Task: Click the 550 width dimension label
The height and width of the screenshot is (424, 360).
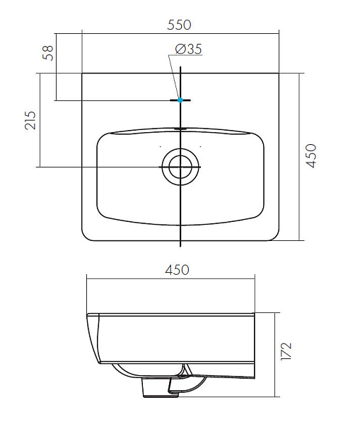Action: [x=179, y=25]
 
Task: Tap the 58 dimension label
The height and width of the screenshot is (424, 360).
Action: [x=48, y=53]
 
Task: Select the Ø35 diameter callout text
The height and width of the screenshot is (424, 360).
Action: [x=189, y=49]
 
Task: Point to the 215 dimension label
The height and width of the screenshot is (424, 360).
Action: [x=30, y=120]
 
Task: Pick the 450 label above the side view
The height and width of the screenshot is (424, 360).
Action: [x=178, y=270]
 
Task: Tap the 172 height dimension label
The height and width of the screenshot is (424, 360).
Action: [x=286, y=351]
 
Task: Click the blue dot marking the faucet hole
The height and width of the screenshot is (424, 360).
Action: [x=180, y=100]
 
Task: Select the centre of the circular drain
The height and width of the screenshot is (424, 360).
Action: [x=180, y=167]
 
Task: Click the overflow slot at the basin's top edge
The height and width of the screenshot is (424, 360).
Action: [x=180, y=129]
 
